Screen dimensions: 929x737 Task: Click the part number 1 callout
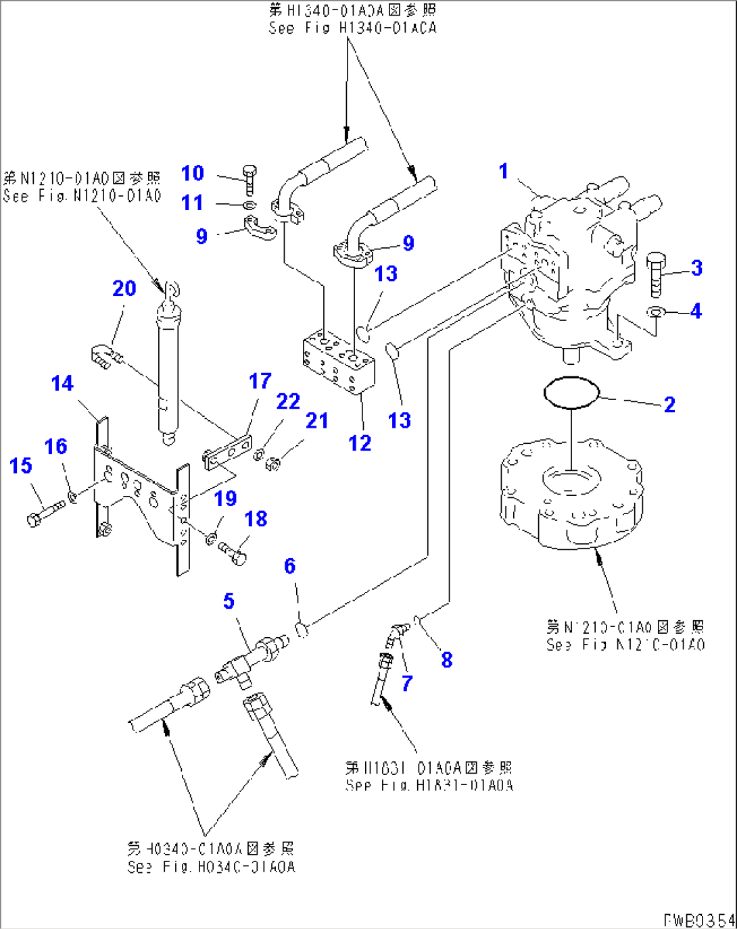point(503,171)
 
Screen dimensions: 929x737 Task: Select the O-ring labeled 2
point(571,393)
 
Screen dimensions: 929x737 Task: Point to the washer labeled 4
point(655,312)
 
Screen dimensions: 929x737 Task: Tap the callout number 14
point(62,384)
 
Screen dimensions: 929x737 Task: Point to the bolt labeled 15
point(44,512)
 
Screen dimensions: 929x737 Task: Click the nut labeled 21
point(274,464)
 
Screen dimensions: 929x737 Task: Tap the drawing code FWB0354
point(698,920)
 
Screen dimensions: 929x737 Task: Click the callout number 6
point(289,566)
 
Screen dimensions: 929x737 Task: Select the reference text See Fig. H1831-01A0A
point(429,785)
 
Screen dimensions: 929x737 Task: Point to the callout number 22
point(288,401)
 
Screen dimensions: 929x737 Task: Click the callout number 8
point(446,660)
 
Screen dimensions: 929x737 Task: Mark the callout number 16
point(55,447)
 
